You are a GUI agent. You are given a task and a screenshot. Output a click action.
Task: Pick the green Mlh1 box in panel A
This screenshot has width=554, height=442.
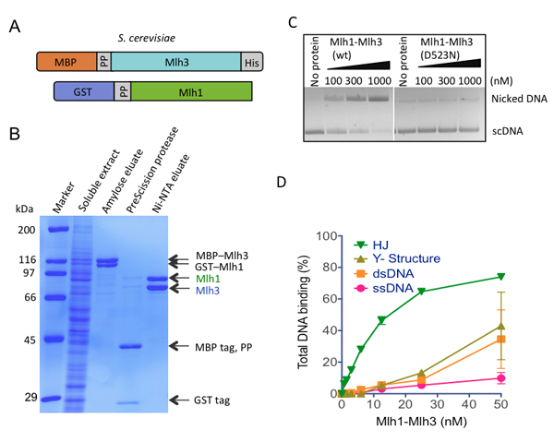[193, 92]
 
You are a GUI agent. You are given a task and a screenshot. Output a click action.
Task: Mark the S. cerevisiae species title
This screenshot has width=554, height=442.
[148, 39]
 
